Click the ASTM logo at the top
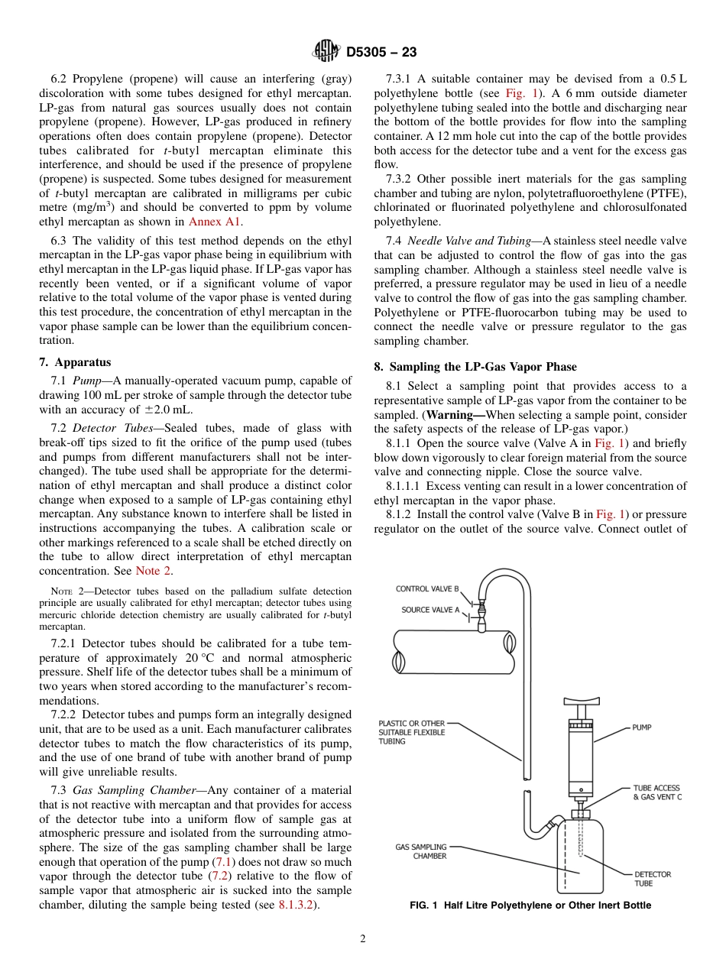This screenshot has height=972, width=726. [x=326, y=51]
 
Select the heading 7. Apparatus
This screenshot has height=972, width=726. [x=75, y=362]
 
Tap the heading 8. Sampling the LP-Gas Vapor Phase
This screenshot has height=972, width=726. [x=475, y=367]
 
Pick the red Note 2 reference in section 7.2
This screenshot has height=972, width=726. [x=148, y=571]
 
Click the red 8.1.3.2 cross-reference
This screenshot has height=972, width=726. [x=297, y=905]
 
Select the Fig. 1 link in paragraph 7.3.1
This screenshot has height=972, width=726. [x=519, y=93]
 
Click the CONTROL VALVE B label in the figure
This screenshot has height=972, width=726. [x=427, y=589]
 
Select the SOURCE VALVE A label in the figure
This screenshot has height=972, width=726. [x=430, y=610]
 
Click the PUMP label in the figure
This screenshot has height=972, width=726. [x=642, y=727]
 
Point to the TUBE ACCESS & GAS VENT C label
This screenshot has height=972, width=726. [x=656, y=792]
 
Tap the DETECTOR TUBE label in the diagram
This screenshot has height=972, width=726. [x=653, y=879]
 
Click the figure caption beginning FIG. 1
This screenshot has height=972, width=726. [x=530, y=906]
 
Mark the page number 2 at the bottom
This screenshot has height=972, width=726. [x=363, y=939]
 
